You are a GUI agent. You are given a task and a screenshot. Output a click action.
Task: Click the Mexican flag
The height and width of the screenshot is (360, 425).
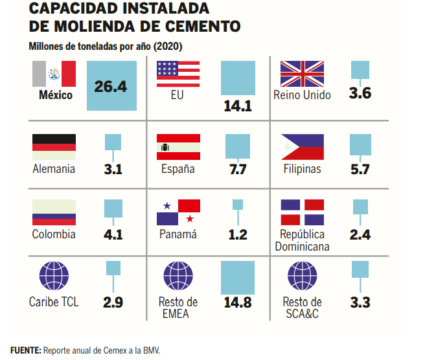(54, 74)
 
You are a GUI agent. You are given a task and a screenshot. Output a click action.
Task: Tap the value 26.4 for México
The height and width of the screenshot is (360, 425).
(110, 87)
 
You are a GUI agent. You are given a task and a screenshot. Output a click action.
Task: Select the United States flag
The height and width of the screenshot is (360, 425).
(178, 74)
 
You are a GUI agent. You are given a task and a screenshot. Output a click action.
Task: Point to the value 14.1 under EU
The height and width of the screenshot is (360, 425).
(237, 107)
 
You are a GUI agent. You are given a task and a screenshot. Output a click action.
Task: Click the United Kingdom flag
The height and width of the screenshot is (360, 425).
(302, 74)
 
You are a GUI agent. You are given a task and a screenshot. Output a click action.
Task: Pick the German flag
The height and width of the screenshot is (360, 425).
(54, 147)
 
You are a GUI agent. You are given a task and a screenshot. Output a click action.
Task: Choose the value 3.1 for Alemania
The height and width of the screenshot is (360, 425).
(113, 170)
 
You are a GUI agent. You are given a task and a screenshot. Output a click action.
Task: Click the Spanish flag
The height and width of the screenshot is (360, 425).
(178, 147)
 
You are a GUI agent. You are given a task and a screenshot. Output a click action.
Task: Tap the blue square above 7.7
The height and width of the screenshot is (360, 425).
(238, 146)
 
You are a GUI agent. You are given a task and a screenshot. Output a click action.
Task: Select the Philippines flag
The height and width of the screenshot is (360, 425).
(302, 147)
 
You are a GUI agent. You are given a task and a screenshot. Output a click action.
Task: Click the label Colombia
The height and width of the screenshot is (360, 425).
(54, 234)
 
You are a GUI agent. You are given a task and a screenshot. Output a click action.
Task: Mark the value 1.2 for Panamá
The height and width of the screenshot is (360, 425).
(238, 234)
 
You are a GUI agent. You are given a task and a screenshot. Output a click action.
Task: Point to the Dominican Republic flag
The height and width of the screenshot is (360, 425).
(302, 212)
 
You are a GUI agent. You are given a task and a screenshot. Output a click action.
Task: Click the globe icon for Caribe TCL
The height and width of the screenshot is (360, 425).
(54, 276)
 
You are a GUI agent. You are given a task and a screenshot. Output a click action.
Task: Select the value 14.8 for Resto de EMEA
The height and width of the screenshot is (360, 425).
(237, 302)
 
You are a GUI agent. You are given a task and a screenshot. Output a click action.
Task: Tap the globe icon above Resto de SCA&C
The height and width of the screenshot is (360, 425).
(302, 276)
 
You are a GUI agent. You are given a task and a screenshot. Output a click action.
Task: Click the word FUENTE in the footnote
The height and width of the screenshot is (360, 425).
(25, 350)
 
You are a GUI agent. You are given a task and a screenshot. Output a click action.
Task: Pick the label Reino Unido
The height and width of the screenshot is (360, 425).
(302, 95)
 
